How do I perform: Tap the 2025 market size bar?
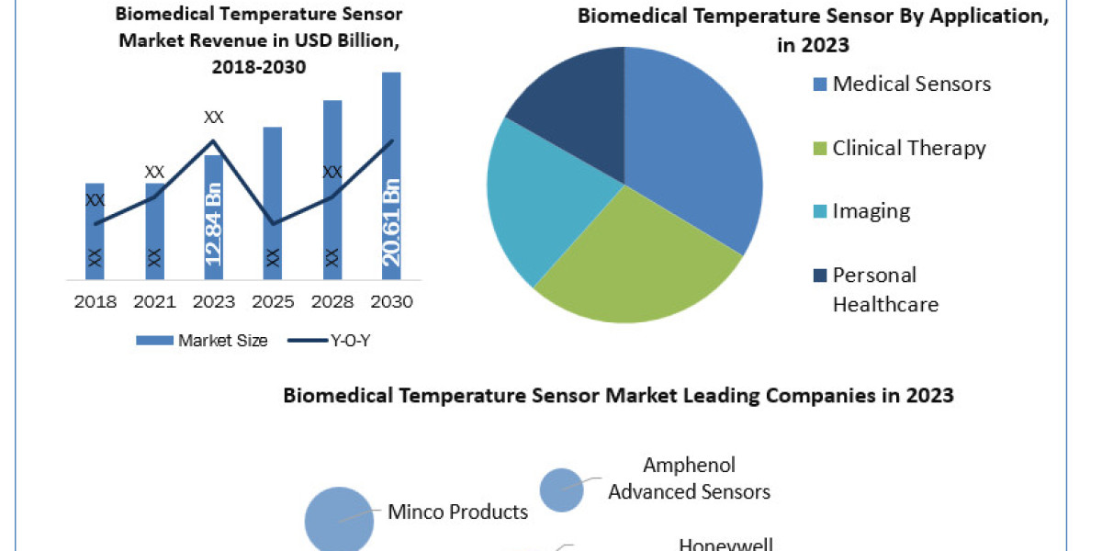(x=273, y=202)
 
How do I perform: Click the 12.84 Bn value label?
(x=214, y=224)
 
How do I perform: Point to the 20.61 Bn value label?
(x=392, y=224)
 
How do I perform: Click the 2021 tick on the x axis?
(x=154, y=301)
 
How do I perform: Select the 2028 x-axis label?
(x=332, y=301)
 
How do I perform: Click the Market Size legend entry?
(x=202, y=341)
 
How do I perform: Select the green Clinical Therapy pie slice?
(x=634, y=266)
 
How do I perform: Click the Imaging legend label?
(x=871, y=211)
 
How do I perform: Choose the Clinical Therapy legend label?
(x=908, y=148)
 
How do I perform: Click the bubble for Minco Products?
(x=339, y=521)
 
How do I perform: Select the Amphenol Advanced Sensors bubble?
(x=561, y=489)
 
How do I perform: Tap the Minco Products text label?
(x=457, y=512)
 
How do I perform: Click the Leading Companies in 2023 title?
(x=618, y=396)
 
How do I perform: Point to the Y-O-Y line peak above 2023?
(x=214, y=141)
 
